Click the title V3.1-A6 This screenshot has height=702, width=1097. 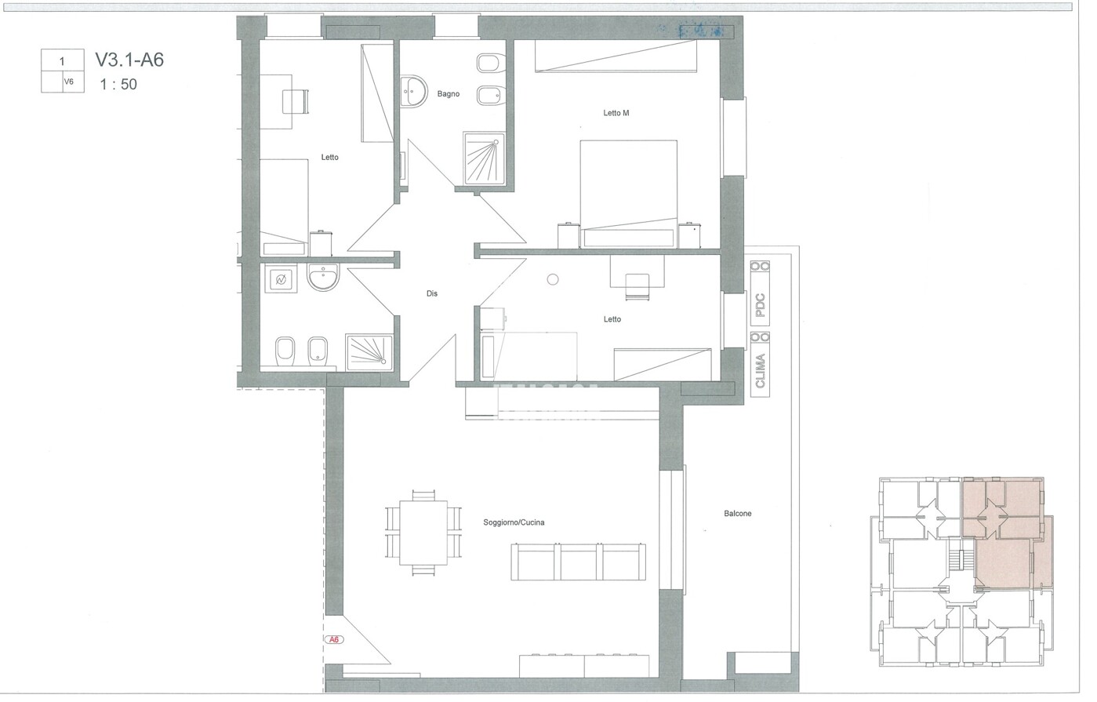[129, 60]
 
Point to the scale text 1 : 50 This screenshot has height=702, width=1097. [118, 84]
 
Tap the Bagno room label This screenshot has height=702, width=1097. [449, 94]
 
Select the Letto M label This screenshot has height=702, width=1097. [616, 113]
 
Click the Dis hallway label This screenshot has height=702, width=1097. [432, 293]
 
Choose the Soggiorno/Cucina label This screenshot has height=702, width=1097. [514, 522]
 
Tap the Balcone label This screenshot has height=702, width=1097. [738, 514]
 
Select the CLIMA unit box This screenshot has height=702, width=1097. [760, 364]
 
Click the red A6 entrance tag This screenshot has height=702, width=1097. [334, 639]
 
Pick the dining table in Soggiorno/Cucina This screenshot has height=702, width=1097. [423, 533]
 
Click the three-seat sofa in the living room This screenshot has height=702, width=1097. [579, 562]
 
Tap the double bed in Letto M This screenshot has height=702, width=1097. [629, 194]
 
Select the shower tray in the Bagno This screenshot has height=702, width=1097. [484, 158]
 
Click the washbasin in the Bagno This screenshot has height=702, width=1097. [412, 91]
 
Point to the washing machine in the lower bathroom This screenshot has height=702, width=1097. [281, 279]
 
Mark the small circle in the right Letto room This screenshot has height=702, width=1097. [553, 280]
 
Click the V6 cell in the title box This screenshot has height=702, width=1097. [68, 82]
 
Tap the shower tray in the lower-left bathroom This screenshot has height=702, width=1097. [369, 352]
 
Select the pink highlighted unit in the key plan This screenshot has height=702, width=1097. [1004, 534]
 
